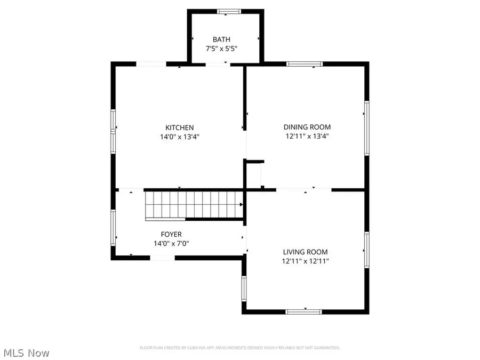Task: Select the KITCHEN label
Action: coord(179,127)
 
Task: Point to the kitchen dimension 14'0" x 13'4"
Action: coord(179,137)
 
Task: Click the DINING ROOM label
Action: coord(307,127)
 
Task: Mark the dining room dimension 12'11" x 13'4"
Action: coord(307,136)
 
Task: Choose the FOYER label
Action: coord(171,234)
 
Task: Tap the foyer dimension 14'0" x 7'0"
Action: coord(171,243)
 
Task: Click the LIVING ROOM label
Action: coord(306,252)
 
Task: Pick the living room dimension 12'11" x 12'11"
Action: coord(306,261)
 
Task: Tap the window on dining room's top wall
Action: coord(305,64)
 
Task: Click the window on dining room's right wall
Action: coord(366,128)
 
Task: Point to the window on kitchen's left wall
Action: coord(113,131)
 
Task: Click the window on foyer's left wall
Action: coord(113,228)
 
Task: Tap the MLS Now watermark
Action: coord(27,353)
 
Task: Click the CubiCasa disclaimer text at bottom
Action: coord(239,348)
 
